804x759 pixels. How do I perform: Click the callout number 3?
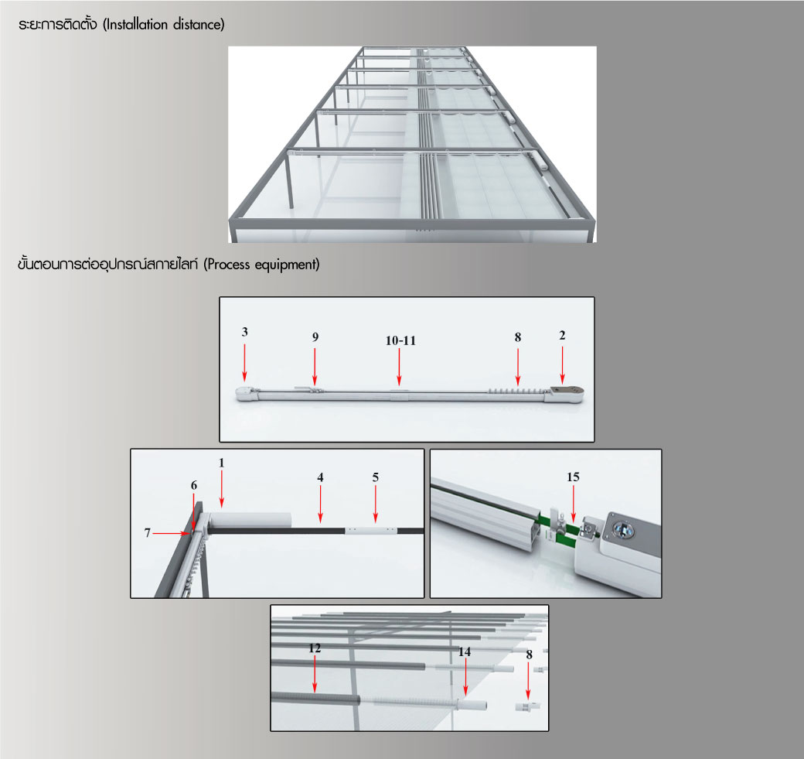pos(244,332)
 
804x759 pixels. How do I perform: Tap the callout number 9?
pos(315,337)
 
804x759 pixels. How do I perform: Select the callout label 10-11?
pos(400,340)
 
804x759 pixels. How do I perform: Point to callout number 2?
pos(562,335)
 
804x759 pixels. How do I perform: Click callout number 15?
pos(573,477)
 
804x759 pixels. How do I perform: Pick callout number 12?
pos(315,648)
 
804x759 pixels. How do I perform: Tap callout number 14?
pos(465,651)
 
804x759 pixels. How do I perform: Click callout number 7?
pos(147,532)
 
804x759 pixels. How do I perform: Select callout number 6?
pos(194,485)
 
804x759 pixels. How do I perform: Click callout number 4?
pos(320,477)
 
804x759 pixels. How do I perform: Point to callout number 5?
pos(376,477)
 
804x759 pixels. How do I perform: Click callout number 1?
pos(222,463)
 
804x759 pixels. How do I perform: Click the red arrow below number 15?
pos(574,504)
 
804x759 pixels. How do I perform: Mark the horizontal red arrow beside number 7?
pos(171,533)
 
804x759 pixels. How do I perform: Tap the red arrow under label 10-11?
pos(400,367)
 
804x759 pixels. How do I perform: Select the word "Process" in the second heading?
pos(228,265)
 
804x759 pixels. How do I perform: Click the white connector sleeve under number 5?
pos(371,530)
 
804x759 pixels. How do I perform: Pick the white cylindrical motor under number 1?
pos(250,519)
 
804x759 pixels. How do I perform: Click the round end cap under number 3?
pos(243,394)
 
